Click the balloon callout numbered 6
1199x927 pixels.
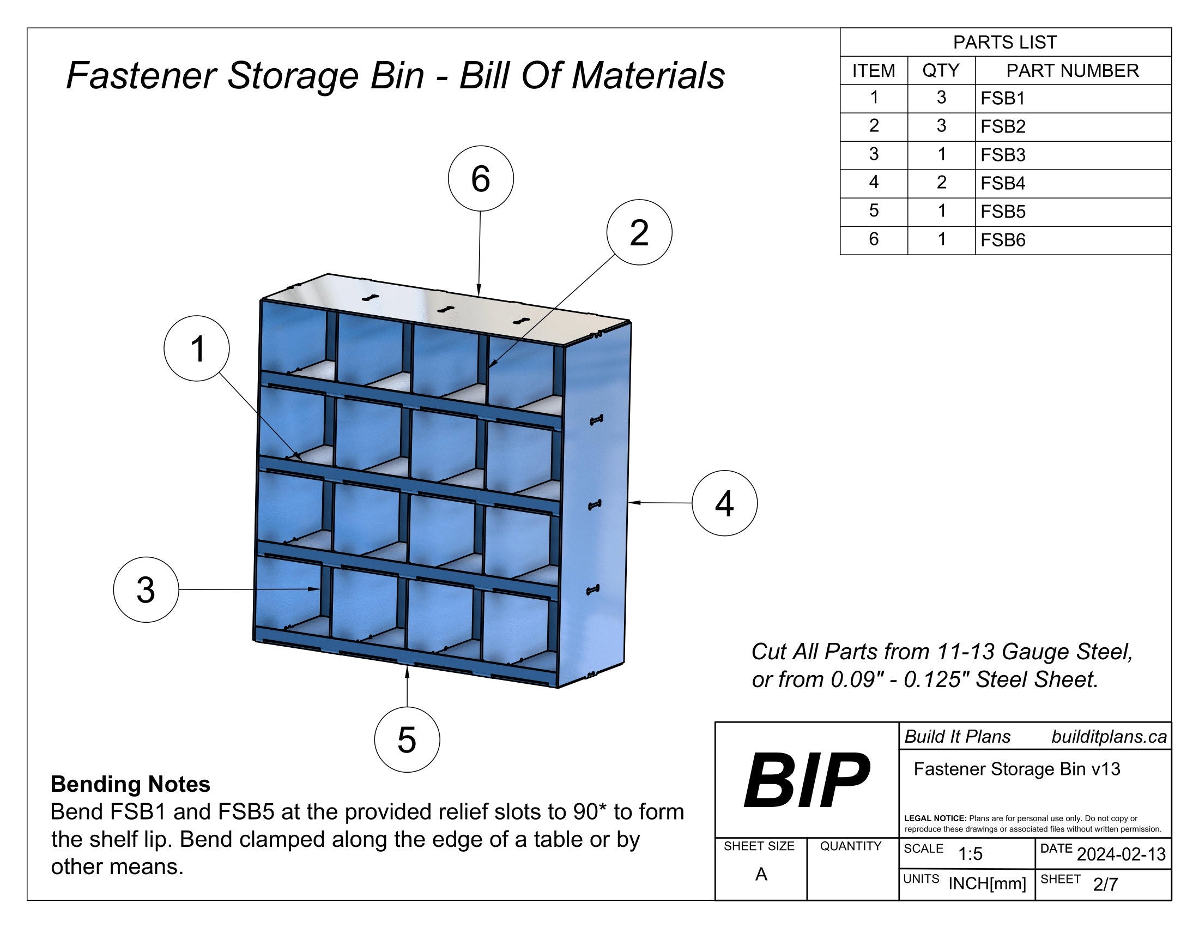[x=480, y=178]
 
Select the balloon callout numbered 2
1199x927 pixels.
[x=639, y=232]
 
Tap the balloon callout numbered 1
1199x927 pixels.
[x=197, y=348]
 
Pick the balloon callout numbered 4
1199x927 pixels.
[x=724, y=503]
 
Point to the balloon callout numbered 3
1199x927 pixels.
[x=146, y=590]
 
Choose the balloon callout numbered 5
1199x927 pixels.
[x=407, y=739]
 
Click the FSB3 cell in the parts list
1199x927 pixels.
[x=1002, y=155]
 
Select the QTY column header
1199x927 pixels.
[x=941, y=70]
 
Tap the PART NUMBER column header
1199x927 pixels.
[x=1071, y=70]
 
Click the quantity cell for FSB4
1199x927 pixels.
[x=941, y=182]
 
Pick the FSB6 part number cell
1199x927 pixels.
[x=1002, y=240]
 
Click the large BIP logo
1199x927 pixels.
[x=806, y=780]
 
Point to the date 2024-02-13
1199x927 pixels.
[x=1121, y=854]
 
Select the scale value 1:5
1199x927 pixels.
[x=970, y=854]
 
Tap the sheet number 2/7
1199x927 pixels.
[x=1105, y=884]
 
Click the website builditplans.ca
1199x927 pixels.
[x=1109, y=737]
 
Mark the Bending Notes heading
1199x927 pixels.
[x=130, y=784]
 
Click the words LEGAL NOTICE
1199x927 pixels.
[x=935, y=818]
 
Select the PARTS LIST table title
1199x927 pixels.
[x=1004, y=43]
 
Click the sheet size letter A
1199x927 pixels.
[x=760, y=874]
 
